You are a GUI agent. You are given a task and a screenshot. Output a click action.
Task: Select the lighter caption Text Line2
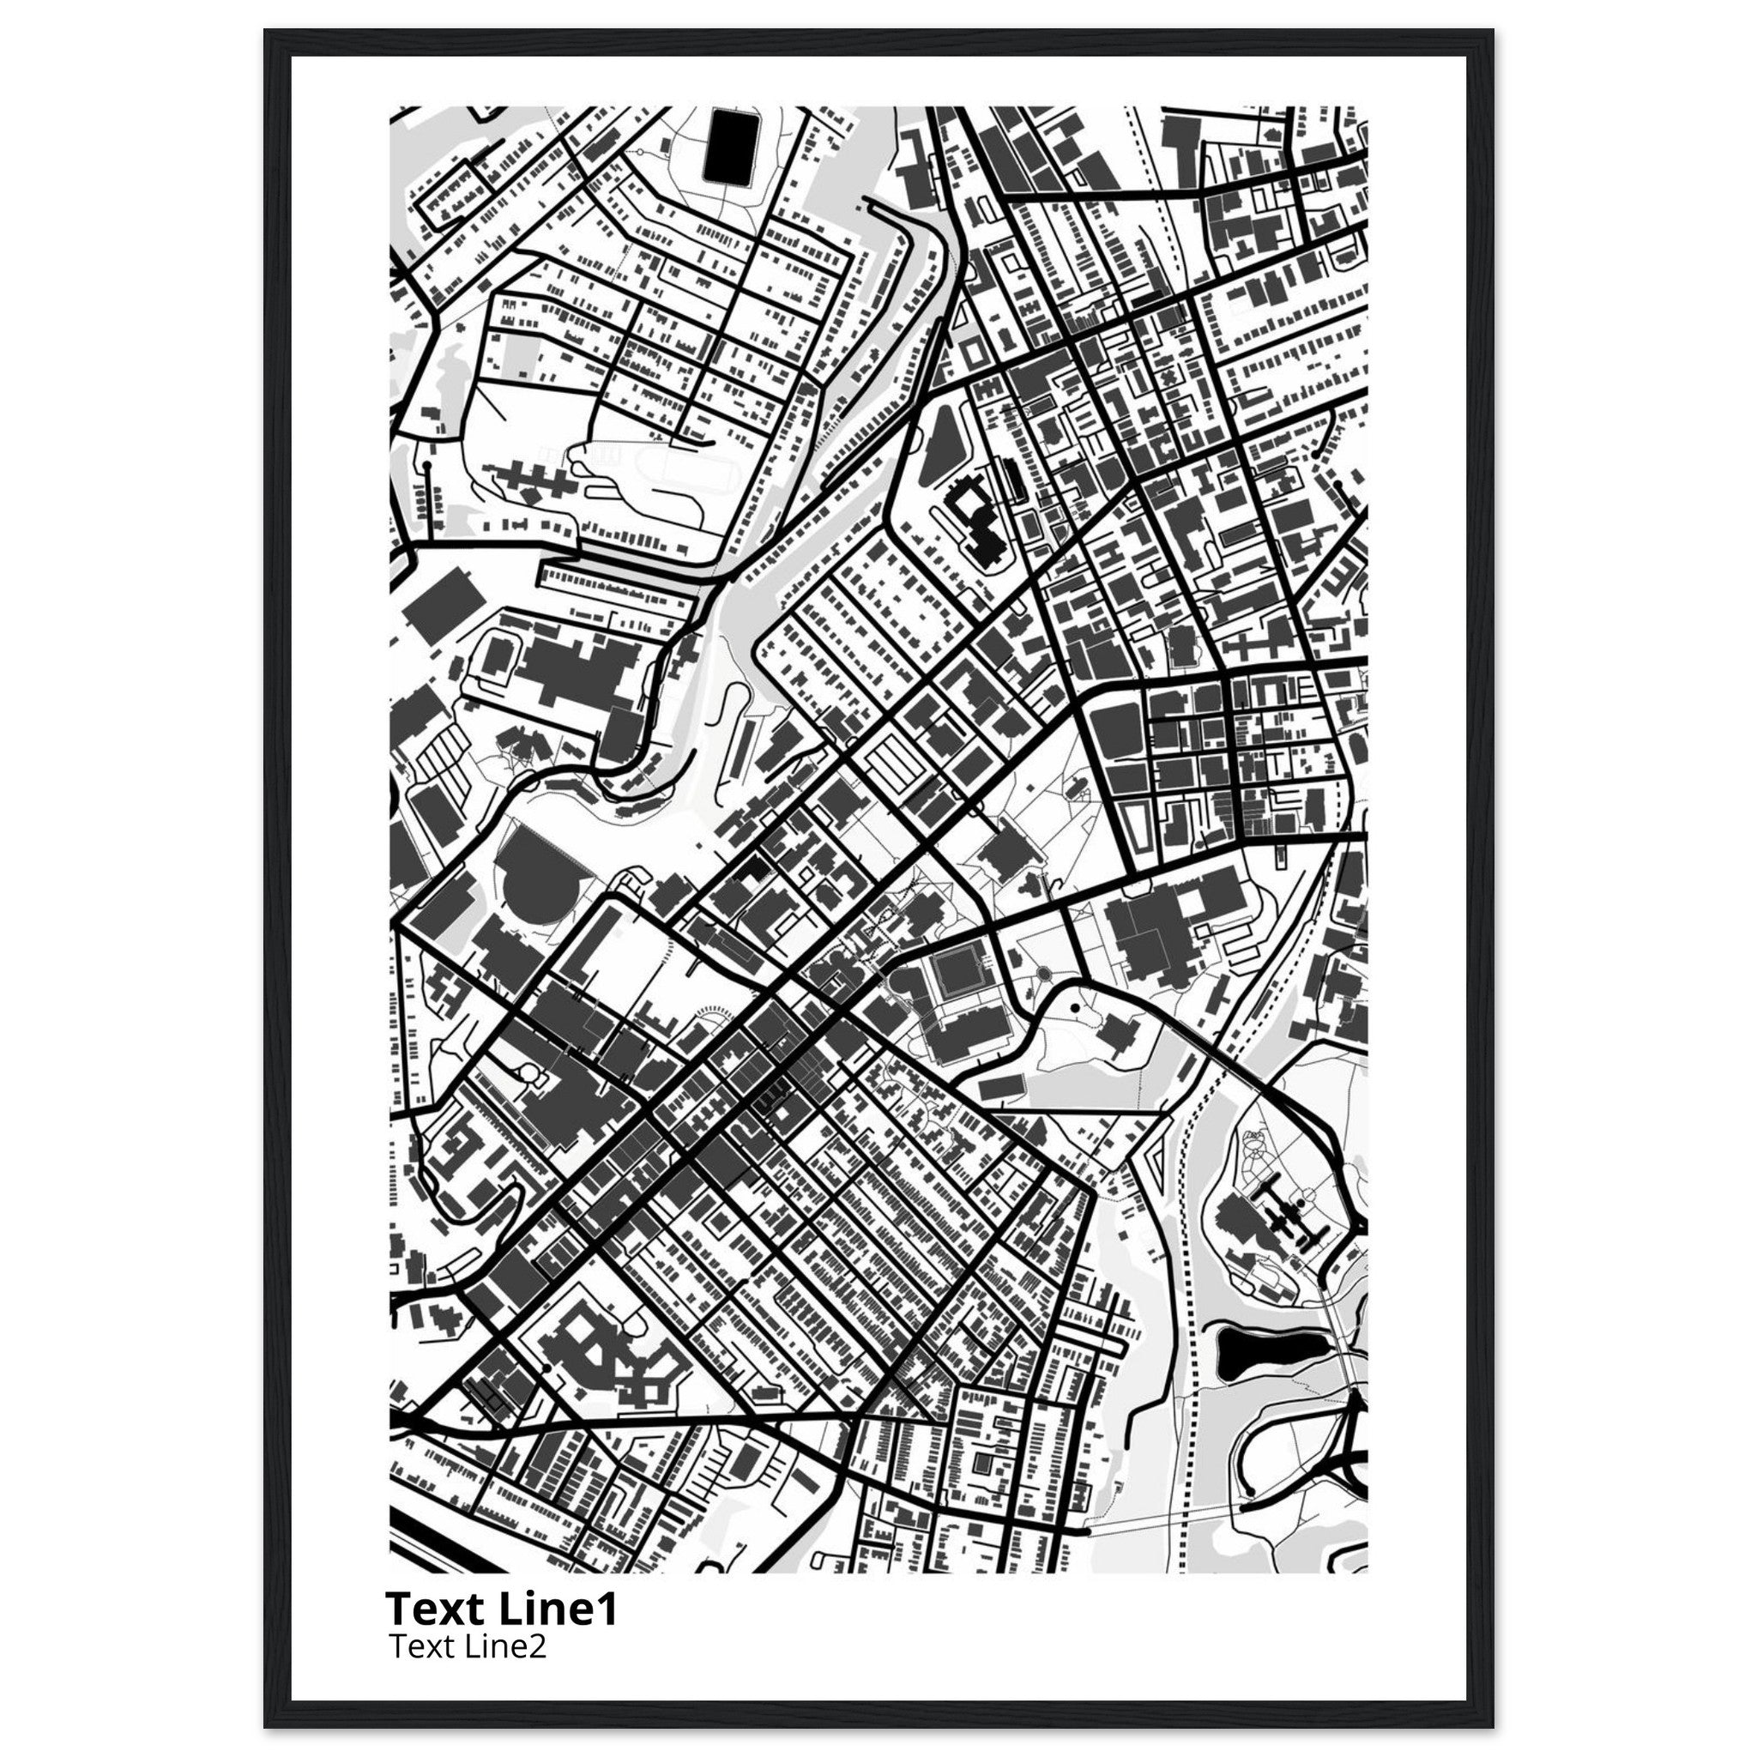[468, 1647]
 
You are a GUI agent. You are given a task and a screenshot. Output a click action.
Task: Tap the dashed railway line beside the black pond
[1186, 1364]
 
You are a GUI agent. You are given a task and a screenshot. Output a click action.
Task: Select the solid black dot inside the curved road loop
[1075, 1009]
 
